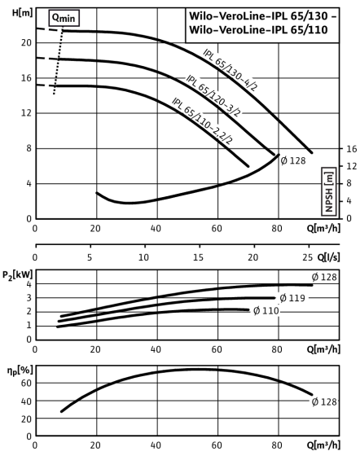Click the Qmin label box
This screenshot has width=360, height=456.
[64, 18]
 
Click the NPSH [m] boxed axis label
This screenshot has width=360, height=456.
[329, 191]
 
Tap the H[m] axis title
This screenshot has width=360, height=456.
[22, 13]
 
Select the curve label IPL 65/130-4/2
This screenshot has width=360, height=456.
[230, 70]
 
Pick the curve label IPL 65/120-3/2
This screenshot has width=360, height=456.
[213, 96]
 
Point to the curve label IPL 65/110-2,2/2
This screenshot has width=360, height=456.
[202, 121]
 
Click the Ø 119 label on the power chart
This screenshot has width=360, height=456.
[292, 298]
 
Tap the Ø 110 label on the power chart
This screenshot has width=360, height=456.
[266, 311]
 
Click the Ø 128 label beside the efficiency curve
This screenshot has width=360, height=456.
[324, 402]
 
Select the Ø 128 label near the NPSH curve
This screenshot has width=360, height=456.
[293, 160]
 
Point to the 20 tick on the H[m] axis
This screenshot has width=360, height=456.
[26, 42]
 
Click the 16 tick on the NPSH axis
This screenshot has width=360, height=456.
[352, 149]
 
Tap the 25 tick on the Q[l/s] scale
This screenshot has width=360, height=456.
[308, 257]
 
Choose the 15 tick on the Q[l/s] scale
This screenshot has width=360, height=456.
[198, 257]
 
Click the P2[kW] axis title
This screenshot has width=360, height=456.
[18, 275]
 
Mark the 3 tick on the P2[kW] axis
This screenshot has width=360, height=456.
[29, 298]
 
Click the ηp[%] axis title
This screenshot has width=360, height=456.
[20, 370]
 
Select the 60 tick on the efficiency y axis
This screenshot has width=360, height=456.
[26, 384]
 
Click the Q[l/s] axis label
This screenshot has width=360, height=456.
[328, 257]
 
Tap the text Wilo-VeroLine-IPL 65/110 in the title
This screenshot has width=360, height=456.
[258, 30]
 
